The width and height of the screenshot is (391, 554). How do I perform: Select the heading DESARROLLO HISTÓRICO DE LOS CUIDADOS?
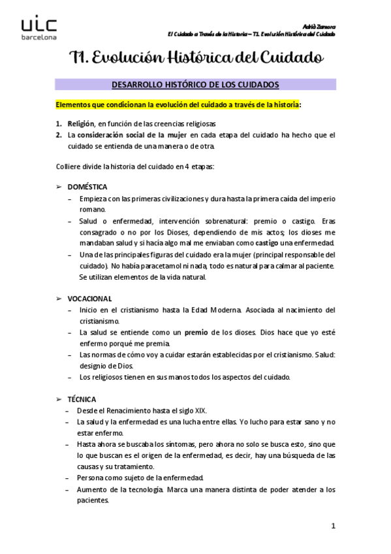pyautogui.click(x=195, y=85)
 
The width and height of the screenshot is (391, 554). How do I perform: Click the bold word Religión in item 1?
pyautogui.click(x=81, y=123)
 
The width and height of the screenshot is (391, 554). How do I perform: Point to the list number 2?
pyautogui.click(x=58, y=135)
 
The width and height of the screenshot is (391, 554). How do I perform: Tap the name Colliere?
pyautogui.click(x=69, y=165)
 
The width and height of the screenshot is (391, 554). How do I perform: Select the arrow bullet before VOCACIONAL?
pyautogui.click(x=59, y=299)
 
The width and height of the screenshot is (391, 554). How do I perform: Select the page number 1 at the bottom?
pyautogui.click(x=333, y=526)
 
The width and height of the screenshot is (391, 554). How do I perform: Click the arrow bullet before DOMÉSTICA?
pyautogui.click(x=59, y=187)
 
